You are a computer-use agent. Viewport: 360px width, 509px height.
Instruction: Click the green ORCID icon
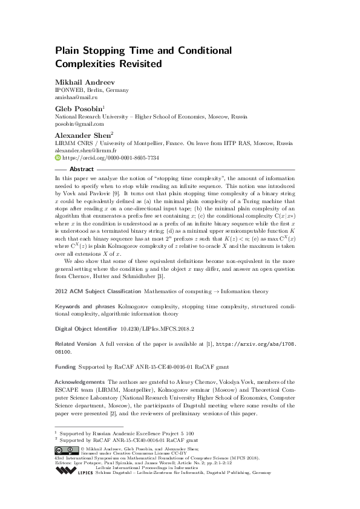(x=58, y=158)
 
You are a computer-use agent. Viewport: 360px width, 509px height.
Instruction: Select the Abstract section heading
(x=82, y=169)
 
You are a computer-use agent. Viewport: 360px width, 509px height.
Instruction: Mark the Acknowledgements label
(x=80, y=383)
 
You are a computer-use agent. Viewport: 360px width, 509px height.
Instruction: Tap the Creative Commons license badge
(x=68, y=450)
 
